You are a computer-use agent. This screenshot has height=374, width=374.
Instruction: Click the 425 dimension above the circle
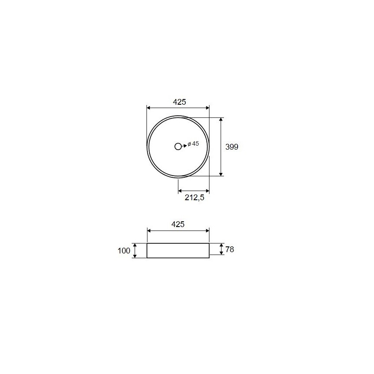point(180,102)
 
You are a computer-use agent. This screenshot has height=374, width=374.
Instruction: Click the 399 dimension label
point(232,147)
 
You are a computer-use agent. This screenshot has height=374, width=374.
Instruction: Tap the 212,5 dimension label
point(194,198)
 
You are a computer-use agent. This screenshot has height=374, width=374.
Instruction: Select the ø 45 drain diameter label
point(193,143)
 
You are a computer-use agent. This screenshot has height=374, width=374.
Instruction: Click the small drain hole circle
point(178,147)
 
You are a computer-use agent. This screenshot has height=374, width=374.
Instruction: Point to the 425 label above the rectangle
point(178,224)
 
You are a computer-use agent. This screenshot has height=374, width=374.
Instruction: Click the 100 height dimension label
point(124,251)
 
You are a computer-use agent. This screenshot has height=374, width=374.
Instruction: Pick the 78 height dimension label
point(229,249)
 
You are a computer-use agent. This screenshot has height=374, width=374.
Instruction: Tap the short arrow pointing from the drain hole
point(184,146)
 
